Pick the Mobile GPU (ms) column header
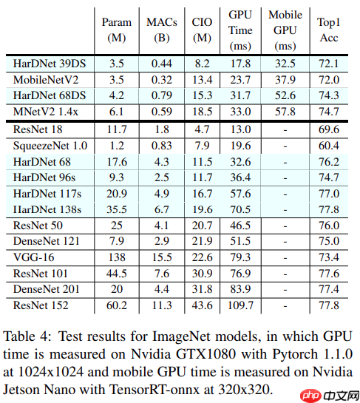click(285, 29)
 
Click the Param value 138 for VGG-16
click(116, 257)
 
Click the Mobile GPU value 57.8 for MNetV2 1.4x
click(285, 111)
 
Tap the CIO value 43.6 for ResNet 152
click(200, 304)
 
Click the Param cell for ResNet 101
click(116, 273)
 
